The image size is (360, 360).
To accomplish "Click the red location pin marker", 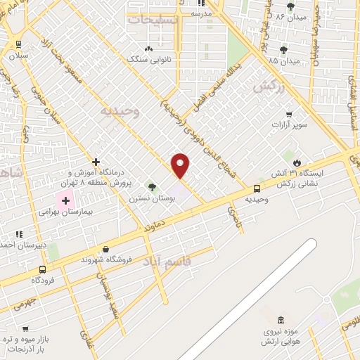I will [181, 165].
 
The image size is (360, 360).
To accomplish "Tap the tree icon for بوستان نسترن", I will [152, 187].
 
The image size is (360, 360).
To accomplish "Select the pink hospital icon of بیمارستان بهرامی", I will [66, 201].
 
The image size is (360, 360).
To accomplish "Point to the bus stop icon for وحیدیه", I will [257, 188].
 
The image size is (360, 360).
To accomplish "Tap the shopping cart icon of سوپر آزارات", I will [289, 114].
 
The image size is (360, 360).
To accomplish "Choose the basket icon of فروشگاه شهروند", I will [105, 248].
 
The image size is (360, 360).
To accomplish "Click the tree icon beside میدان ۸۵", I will [283, 50].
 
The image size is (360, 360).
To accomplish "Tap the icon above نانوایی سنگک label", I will [148, 49].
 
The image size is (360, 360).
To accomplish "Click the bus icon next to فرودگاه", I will [43, 269].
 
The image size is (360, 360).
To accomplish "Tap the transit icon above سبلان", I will [18, 44].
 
